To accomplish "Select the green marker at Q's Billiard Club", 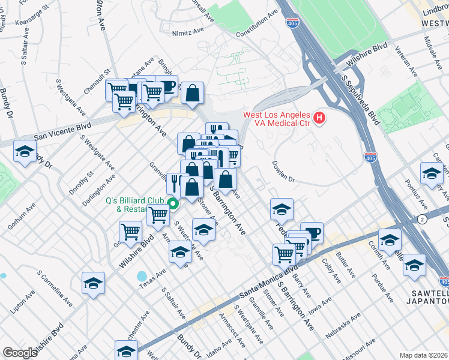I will tap(173, 203).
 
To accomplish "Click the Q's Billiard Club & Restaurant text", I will tap(135, 205).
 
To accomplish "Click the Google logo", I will tap(20, 353).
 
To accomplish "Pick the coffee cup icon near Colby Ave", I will tap(312, 232).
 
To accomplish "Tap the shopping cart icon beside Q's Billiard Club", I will tap(158, 214).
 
